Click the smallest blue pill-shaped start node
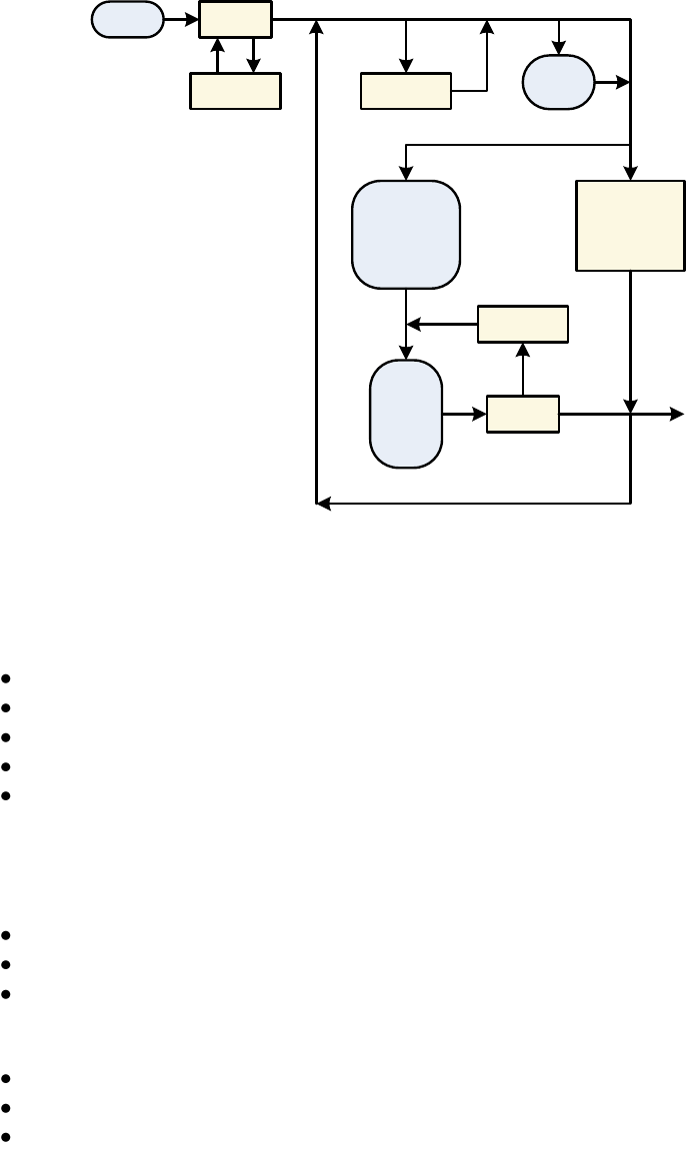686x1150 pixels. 128,19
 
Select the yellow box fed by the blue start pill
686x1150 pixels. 235,19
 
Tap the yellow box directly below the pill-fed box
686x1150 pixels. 235,91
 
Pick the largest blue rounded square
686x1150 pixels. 406,235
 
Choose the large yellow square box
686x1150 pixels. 630,225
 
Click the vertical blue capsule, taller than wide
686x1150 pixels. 406,414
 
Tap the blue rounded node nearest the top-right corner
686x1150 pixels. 559,82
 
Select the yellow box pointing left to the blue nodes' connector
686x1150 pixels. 523,324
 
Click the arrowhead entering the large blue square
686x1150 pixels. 406,175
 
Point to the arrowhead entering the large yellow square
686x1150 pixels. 630,175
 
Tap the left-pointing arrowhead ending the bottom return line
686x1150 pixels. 322,504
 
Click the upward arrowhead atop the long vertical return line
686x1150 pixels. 317,26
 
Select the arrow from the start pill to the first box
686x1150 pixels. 182,19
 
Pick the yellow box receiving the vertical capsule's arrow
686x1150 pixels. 523,414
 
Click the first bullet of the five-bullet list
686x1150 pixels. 7,678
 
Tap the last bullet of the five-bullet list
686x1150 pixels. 7,796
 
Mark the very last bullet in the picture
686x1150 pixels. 7,1138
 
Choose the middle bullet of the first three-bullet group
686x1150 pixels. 7,965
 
